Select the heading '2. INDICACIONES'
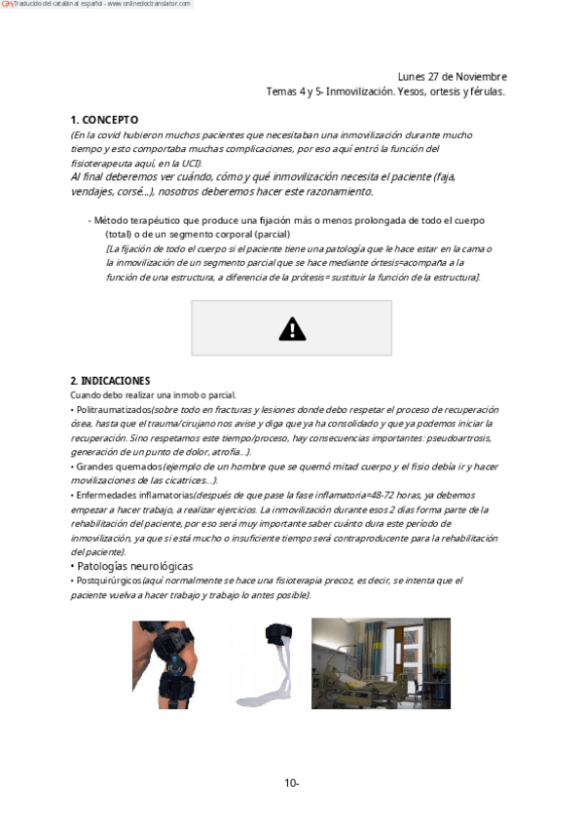(110, 380)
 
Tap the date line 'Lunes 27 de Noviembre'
(452, 77)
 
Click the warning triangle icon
(292, 329)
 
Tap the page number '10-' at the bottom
(291, 782)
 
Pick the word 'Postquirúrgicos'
(108, 581)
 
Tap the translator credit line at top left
(97, 5)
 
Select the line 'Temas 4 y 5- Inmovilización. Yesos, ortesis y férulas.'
(385, 92)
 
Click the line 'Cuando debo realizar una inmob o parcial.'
(153, 395)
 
